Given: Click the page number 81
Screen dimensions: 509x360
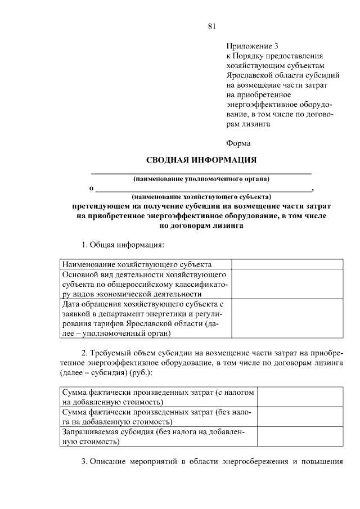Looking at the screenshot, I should click(211, 26).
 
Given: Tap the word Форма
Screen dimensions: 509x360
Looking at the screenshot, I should click(238, 143).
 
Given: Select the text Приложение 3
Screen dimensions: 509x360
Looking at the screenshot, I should click(253, 46).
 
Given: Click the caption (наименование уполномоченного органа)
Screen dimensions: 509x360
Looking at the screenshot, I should click(201, 179).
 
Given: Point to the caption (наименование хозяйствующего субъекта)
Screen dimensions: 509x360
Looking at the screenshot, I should click(201, 197).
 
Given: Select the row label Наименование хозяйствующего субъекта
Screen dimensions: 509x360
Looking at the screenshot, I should click(137, 264).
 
